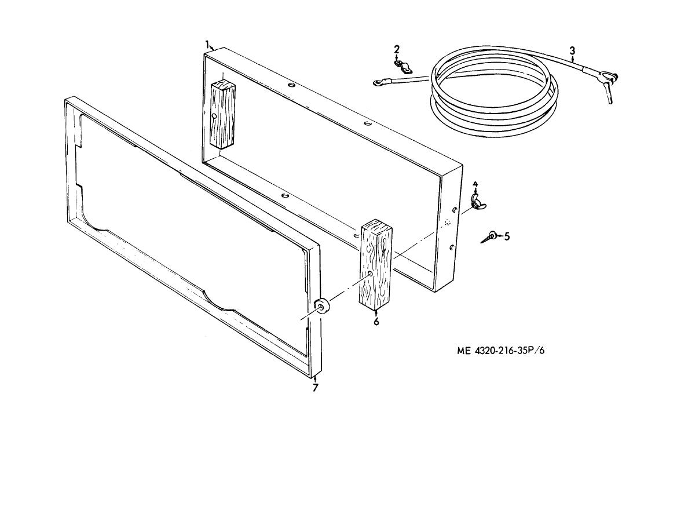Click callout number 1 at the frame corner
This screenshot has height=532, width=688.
[x=207, y=43]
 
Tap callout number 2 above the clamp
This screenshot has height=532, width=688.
[x=397, y=49]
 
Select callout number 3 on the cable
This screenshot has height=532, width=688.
[x=572, y=51]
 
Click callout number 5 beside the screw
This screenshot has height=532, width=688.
[x=507, y=236]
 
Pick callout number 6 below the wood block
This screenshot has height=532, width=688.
[x=376, y=322]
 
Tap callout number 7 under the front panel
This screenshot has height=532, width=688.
[x=315, y=388]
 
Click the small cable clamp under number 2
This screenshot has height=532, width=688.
[x=403, y=66]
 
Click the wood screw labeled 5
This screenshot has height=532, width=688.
[x=488, y=238]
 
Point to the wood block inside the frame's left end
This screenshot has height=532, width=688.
[x=223, y=115]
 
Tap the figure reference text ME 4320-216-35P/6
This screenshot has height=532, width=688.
[x=500, y=351]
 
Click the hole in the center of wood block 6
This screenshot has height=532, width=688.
[x=371, y=274]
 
